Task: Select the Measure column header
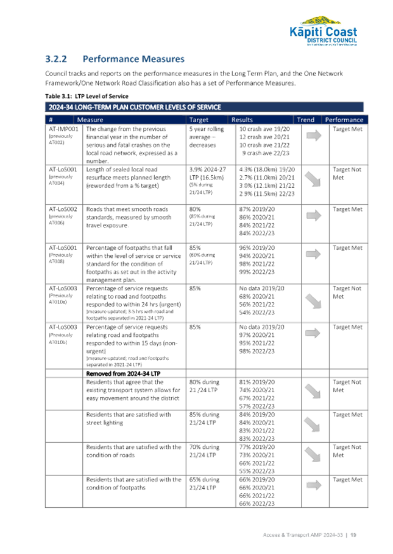pyautogui.click(x=90, y=120)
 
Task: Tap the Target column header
pyautogui.click(x=199, y=120)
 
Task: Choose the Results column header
pyautogui.click(x=242, y=120)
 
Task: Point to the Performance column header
pyautogui.click(x=344, y=120)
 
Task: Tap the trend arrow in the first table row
pyautogui.click(x=314, y=136)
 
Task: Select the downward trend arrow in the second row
pyautogui.click(x=314, y=177)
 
